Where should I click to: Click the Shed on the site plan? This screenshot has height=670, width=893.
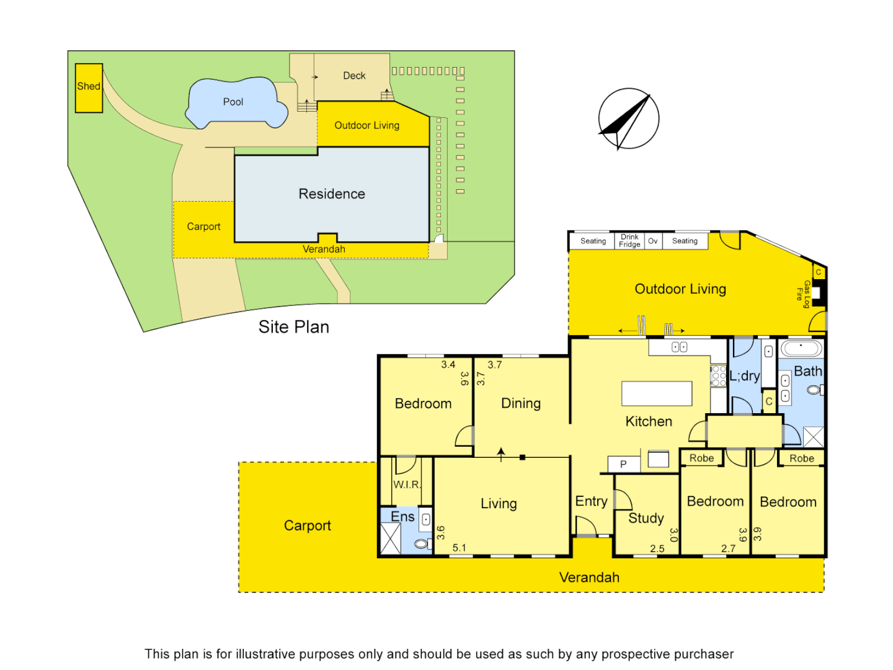pos(89,87)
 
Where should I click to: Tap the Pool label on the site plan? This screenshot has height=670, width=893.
pos(233,102)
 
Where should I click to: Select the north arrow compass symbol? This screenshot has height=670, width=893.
pos(628,118)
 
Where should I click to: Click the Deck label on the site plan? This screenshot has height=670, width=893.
pos(354,76)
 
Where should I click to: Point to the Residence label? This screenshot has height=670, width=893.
pos(332,194)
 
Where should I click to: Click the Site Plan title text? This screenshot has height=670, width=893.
pos(293,327)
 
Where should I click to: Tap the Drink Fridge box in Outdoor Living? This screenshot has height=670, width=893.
pos(629,241)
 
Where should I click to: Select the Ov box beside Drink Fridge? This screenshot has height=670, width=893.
pos(653,241)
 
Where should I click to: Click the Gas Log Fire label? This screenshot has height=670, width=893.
pos(803,294)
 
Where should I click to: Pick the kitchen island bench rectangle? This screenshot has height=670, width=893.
pos(657,394)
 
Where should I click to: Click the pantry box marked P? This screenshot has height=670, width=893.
pos(623,464)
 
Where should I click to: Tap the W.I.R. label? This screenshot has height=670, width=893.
pos(407,485)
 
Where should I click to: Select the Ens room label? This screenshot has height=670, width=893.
pos(402,516)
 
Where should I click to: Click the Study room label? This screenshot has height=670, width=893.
pos(646,518)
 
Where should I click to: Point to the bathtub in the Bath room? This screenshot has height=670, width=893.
pos(801,347)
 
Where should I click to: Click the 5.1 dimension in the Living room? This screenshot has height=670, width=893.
pos(459,548)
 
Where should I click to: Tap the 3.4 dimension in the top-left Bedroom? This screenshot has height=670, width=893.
pos(448,365)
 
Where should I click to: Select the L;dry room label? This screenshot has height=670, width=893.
pos(744,376)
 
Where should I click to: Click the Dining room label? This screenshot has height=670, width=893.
pos(521,404)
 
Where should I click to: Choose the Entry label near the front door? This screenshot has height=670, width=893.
pos(591,501)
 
